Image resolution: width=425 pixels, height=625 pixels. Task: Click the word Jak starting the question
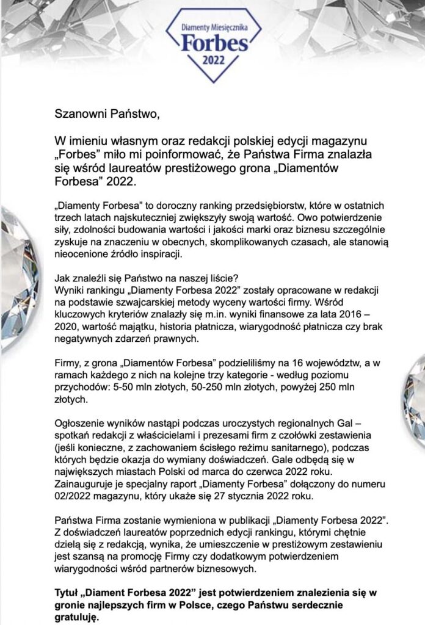click(x=63, y=276)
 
